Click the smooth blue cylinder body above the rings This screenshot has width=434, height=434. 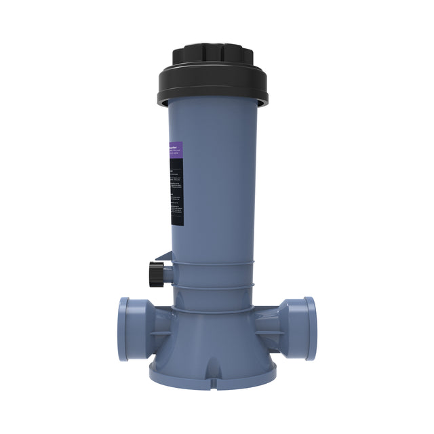point(217,183)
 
